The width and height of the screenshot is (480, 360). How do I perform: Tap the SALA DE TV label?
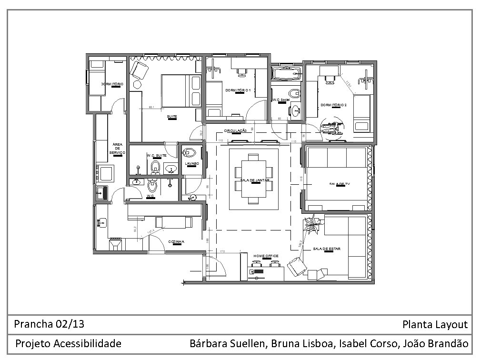[339, 184]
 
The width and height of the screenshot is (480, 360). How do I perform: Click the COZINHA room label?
[176, 242]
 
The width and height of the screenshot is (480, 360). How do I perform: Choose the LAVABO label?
[191, 163]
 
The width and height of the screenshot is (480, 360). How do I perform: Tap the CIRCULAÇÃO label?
[235, 130]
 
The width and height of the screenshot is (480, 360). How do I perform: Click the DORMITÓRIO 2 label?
[333, 105]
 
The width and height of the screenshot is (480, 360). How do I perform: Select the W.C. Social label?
[281, 100]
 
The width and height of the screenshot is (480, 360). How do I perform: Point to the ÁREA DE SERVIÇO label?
[117, 149]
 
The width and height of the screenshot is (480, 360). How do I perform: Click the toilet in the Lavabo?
[190, 153]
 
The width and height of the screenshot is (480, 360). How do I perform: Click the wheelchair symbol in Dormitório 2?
[332, 127]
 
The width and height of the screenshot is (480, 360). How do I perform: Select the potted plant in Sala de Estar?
[312, 224]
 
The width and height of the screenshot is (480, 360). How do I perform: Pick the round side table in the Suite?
[137, 84]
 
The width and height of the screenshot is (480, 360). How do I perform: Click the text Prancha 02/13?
[50, 324]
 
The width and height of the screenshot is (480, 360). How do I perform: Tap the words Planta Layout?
[435, 325]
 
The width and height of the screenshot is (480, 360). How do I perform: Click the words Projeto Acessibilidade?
[68, 343]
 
